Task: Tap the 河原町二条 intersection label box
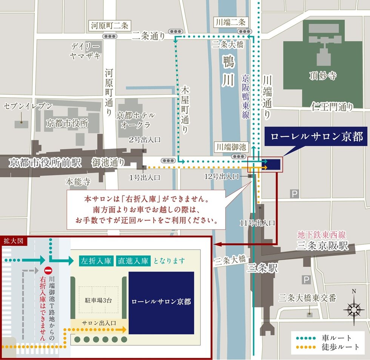tap(109, 26)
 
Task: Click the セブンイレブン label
tap(28, 106)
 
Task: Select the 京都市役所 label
tap(67, 123)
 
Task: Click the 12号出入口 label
tap(222, 176)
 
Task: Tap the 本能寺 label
tap(78, 182)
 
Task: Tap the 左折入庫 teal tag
tap(96, 261)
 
